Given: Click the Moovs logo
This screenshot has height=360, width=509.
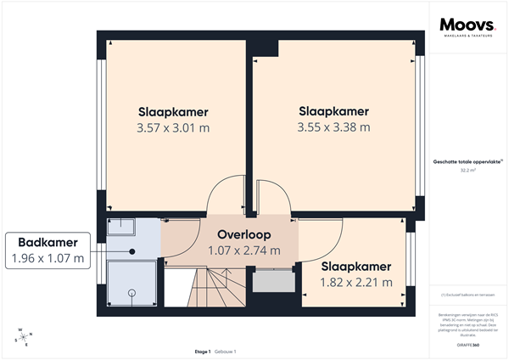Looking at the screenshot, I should [x=466, y=27].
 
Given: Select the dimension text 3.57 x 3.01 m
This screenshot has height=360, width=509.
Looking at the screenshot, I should [x=173, y=128].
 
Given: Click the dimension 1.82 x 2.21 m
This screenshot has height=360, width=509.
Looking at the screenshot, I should [x=356, y=282].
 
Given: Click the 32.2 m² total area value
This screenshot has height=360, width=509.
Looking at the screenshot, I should [x=467, y=170].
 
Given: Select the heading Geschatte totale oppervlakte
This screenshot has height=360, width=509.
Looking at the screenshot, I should [x=467, y=160].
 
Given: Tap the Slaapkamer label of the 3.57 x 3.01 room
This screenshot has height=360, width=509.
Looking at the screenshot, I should [x=173, y=112].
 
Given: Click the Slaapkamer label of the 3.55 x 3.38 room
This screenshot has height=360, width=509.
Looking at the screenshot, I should [x=333, y=111].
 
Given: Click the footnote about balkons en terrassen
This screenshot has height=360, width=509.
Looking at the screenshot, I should [x=467, y=295].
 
